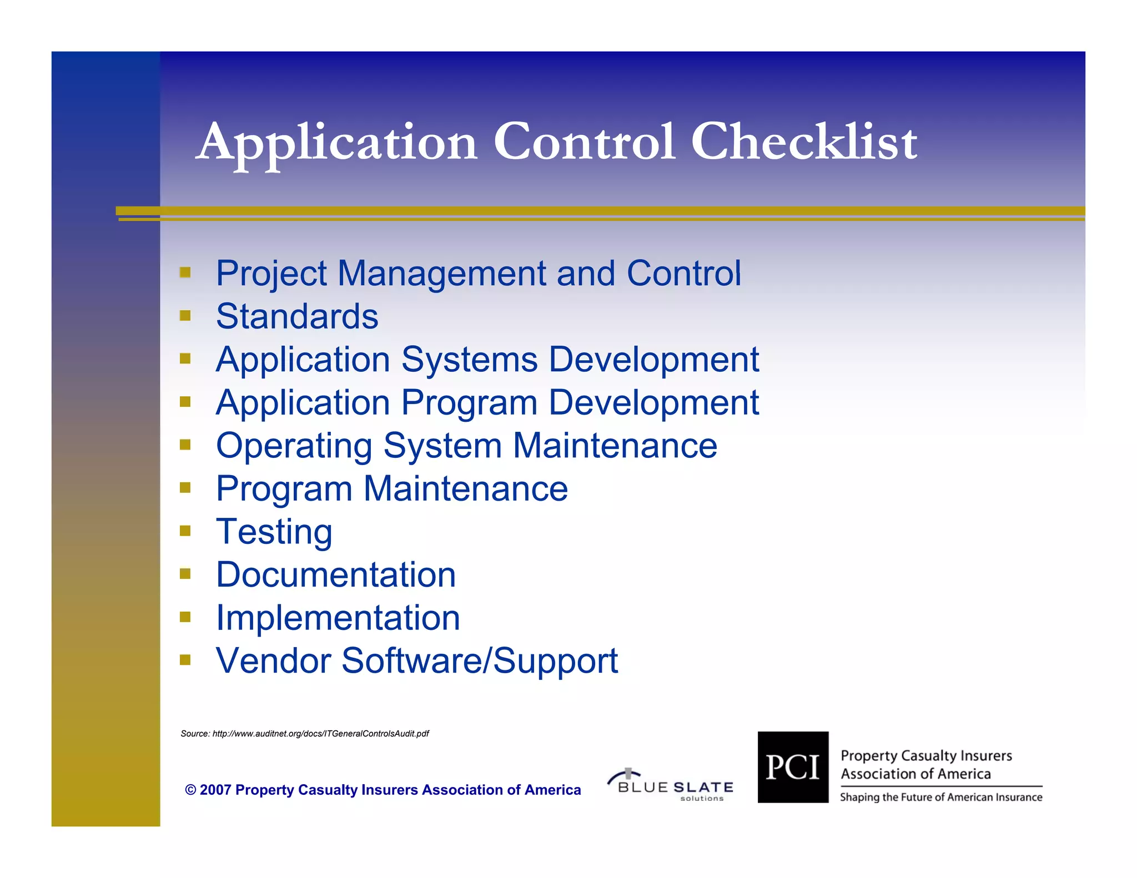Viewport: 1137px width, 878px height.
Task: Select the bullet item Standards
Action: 297,316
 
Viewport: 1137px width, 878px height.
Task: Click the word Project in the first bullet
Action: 271,274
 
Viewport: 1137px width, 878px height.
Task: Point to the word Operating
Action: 294,446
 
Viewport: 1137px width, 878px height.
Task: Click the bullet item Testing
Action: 274,532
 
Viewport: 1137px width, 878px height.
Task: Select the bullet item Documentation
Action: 336,575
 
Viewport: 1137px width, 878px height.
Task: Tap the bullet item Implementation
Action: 338,618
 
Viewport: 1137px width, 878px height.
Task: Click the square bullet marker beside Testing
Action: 185,531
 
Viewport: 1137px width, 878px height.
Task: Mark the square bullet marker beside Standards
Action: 185,316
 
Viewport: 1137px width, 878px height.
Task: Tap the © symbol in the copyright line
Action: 190,790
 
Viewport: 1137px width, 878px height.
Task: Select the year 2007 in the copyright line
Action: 215,790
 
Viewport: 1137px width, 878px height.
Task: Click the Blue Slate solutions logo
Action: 671,785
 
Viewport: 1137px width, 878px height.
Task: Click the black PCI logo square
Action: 793,767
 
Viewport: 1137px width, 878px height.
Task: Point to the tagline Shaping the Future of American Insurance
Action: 940,798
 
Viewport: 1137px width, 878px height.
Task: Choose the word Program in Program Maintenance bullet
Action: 284,489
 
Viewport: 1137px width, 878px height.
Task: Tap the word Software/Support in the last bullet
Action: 480,661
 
